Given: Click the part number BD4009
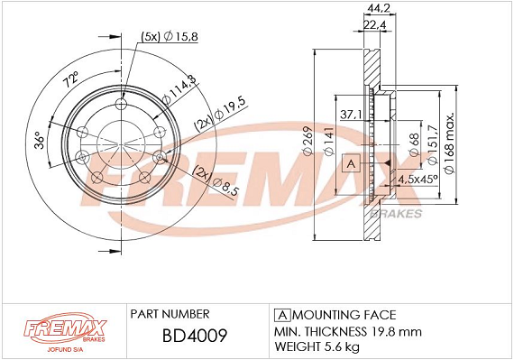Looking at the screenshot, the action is pyautogui.click(x=195, y=336).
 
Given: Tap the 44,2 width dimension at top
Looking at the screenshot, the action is pyautogui.click(x=379, y=8).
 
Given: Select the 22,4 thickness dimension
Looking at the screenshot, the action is pyautogui.click(x=375, y=24).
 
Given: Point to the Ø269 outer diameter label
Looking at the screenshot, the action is pyautogui.click(x=308, y=141).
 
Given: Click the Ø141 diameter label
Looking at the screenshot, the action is pyautogui.click(x=328, y=141).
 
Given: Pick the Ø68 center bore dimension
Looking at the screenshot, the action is pyautogui.click(x=414, y=144).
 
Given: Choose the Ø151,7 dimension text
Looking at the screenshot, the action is pyautogui.click(x=432, y=144).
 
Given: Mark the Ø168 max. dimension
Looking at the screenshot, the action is pyautogui.click(x=449, y=143).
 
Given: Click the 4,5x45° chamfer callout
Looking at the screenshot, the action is pyautogui.click(x=418, y=180).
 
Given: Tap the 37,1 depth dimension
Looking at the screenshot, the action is pyautogui.click(x=351, y=114).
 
